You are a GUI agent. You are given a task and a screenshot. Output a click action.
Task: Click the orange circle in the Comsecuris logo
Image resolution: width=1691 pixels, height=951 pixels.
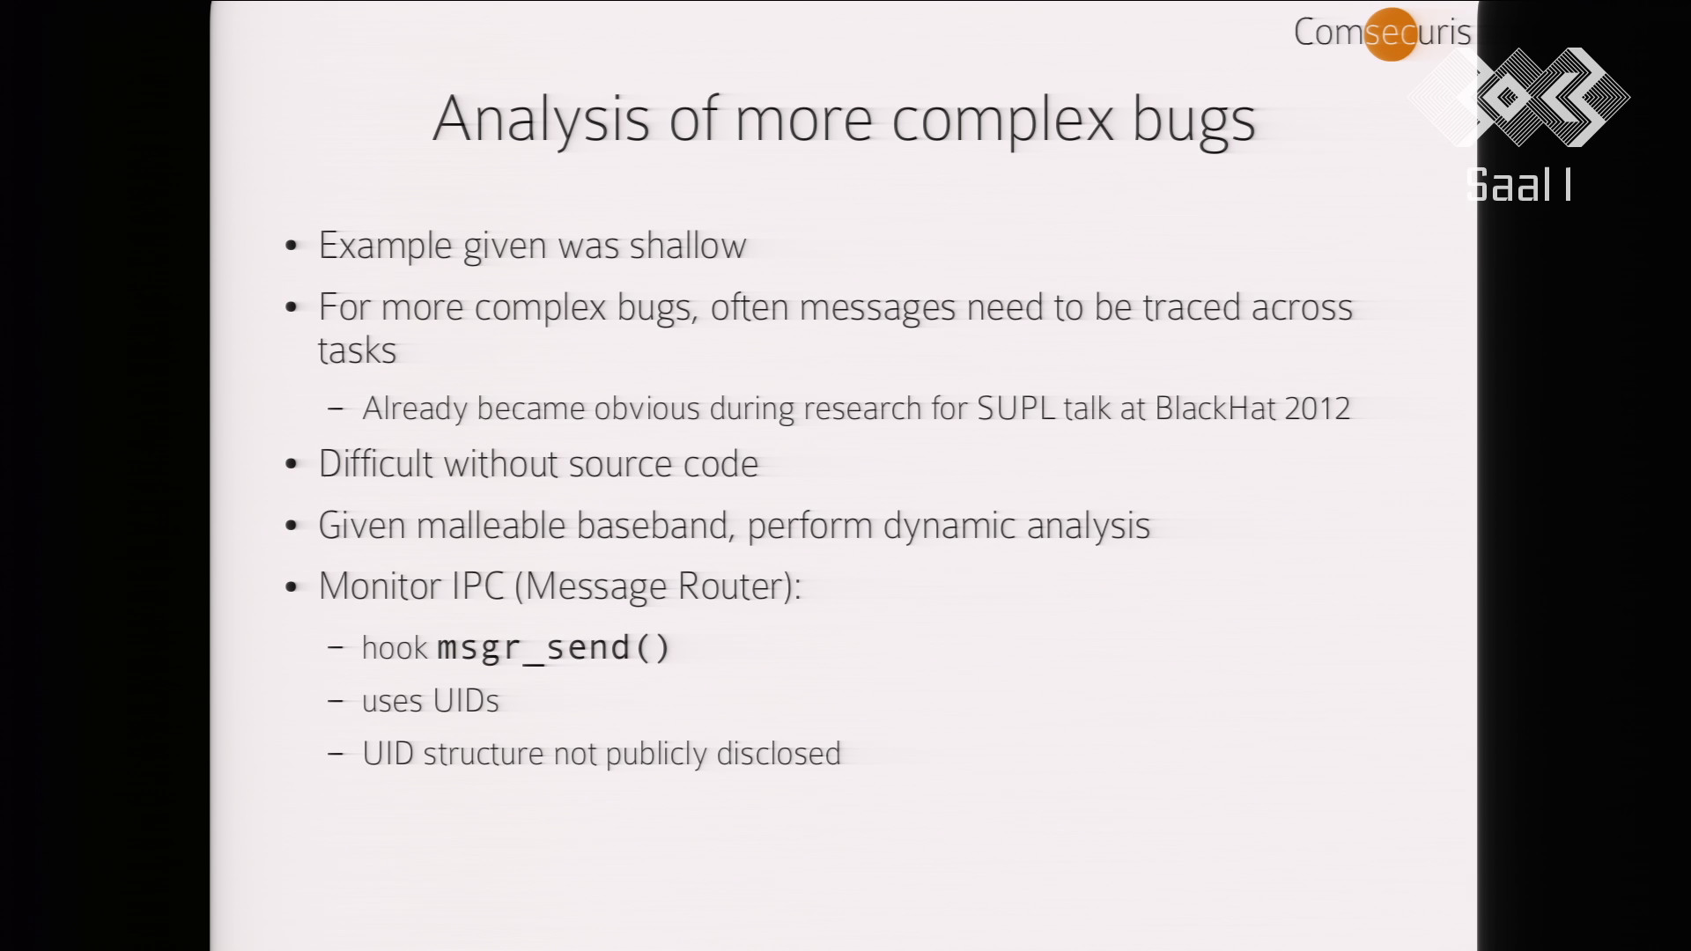tap(1391, 34)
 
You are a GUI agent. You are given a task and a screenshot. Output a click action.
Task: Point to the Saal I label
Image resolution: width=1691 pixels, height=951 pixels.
tap(1519, 186)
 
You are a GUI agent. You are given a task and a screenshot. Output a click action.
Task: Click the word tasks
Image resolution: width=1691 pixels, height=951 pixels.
tap(358, 350)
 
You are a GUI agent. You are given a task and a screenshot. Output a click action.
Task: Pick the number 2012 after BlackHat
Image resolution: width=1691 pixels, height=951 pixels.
tap(1317, 409)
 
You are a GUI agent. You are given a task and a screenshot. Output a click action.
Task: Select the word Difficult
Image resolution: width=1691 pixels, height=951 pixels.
tap(375, 464)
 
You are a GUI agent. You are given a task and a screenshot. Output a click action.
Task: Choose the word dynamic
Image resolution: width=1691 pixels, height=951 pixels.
tap(949, 527)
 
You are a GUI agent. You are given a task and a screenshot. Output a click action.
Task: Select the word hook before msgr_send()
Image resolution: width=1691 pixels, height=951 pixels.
tap(395, 648)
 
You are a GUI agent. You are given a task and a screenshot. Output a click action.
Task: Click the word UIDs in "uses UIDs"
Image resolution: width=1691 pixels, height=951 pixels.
tap(465, 701)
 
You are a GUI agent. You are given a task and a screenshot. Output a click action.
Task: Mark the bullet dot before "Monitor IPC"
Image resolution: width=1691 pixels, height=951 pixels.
tap(292, 588)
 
